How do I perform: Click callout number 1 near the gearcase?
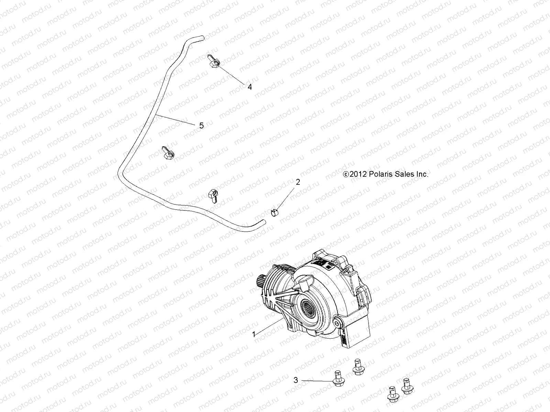click(x=254, y=334)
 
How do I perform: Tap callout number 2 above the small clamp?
click(x=298, y=182)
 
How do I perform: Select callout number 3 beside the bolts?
click(x=296, y=380)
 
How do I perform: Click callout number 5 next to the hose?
click(x=201, y=126)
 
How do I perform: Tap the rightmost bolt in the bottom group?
click(x=407, y=386)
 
